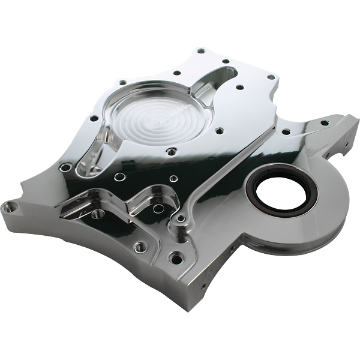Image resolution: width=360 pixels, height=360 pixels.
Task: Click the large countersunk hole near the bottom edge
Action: pos(175,259)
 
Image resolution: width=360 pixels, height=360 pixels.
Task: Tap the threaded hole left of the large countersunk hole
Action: pos(139,246)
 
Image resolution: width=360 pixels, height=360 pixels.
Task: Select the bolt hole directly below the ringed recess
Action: pos(172,152)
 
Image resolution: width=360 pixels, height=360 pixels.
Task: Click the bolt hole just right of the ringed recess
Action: pos(220,130)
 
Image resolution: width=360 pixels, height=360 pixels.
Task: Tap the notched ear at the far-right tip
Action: pos(351,124)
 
